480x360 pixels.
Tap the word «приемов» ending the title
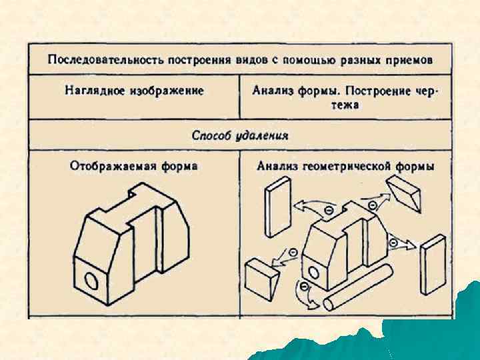(x=409, y=59)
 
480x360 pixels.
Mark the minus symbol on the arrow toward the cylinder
(x=305, y=287)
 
